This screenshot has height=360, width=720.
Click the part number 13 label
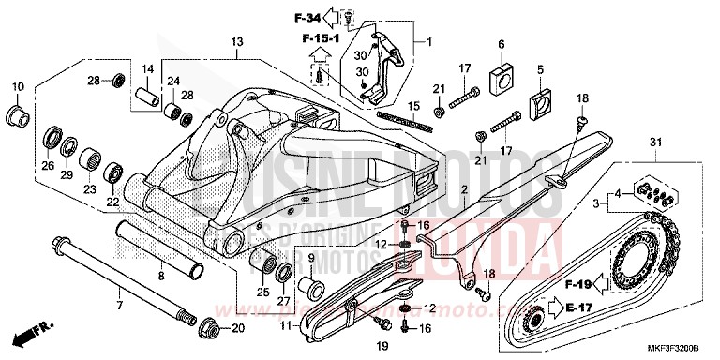pyautogui.click(x=237, y=42)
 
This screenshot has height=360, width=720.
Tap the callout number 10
pyautogui.click(x=17, y=87)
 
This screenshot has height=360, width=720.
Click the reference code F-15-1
pyautogui.click(x=319, y=38)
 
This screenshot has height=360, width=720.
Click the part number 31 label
pyautogui.click(x=654, y=142)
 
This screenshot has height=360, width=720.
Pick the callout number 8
pyautogui.click(x=161, y=277)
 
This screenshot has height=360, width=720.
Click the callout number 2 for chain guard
pyautogui.click(x=463, y=189)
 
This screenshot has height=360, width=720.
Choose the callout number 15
pyautogui.click(x=413, y=107)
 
